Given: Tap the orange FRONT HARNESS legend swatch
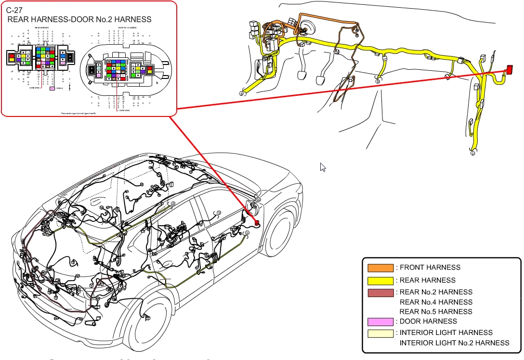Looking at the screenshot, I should point(380,268).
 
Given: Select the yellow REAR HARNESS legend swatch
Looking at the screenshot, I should point(380,281).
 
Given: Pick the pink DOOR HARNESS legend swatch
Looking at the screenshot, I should point(380,321).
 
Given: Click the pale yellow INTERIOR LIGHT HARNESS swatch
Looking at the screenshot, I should point(380,333).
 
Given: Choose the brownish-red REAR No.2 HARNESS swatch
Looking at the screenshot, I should point(380,293).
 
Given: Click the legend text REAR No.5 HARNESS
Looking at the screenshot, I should point(436,312).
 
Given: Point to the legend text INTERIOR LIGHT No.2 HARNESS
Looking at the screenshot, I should point(454,343).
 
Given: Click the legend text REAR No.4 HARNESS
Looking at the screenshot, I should point(436,302).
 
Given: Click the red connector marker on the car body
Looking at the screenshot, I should point(257,223).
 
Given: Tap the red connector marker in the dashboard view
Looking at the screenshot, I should point(509,70).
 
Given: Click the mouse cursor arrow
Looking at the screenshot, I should point(323,167).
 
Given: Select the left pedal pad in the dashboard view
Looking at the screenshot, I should point(303,76).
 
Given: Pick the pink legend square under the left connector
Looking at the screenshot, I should point(52,89).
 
